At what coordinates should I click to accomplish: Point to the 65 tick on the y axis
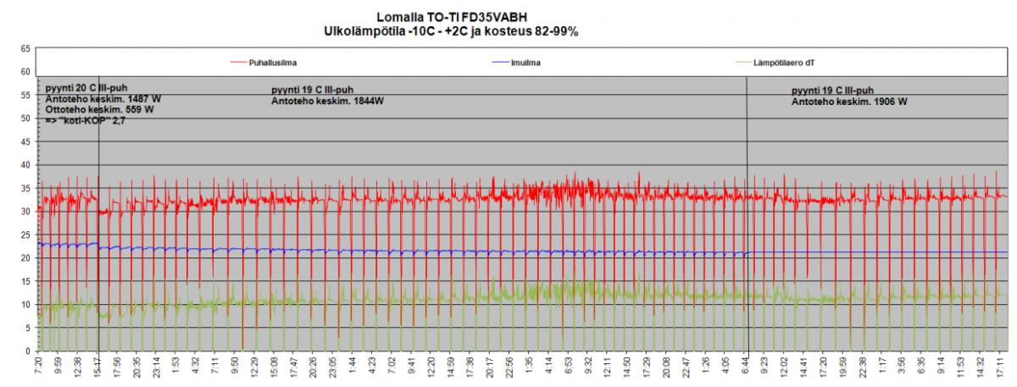(26, 49)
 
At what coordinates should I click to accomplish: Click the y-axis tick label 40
(26, 165)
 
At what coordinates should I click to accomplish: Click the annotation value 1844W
(360, 101)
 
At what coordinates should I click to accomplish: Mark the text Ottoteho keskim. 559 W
(100, 110)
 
